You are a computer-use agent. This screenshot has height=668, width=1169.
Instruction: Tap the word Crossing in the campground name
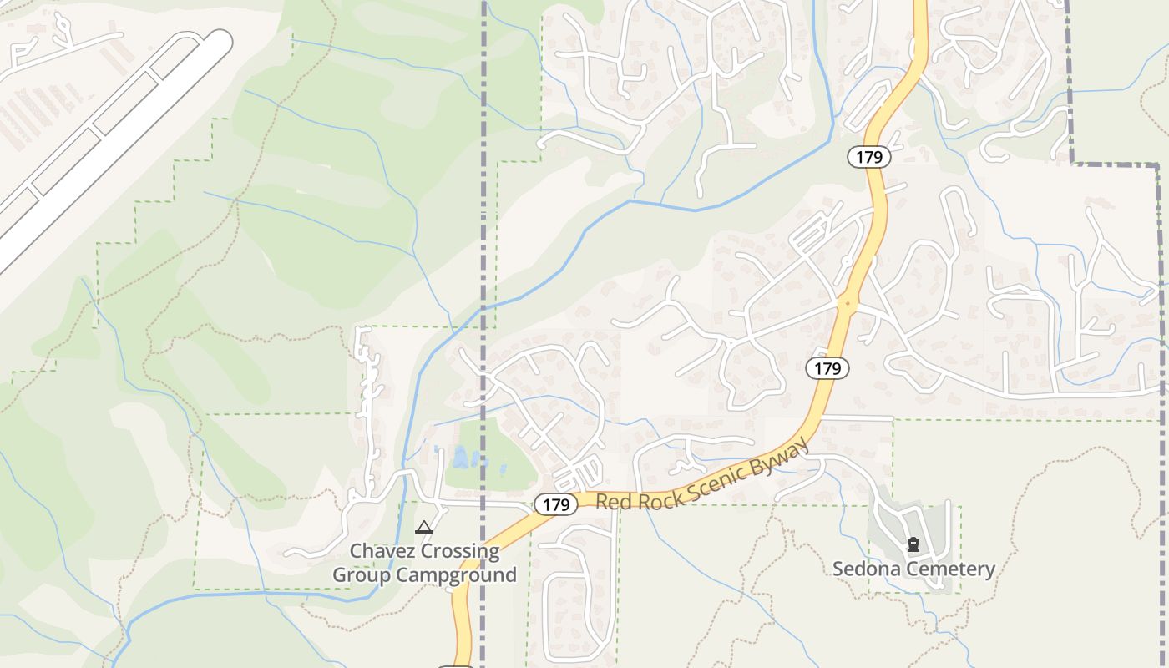(462, 551)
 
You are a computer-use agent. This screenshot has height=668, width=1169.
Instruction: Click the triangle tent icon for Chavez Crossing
(424, 527)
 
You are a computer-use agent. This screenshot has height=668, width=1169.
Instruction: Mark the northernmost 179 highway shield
(869, 157)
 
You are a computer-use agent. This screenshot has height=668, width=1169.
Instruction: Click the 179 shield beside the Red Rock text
(555, 504)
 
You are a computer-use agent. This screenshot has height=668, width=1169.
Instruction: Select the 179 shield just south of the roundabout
(827, 368)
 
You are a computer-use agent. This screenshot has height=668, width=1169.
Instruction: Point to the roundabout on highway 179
(848, 305)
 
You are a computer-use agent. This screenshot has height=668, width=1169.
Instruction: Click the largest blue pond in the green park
(460, 457)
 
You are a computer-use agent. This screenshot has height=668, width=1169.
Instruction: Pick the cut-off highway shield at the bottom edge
(456, 665)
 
